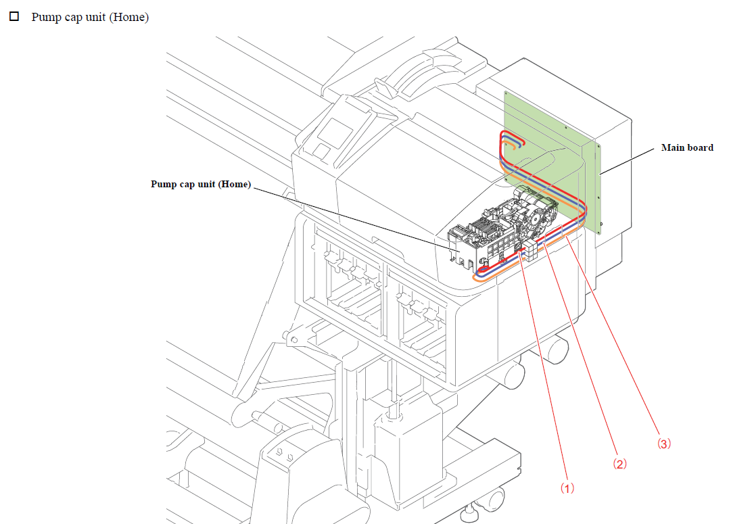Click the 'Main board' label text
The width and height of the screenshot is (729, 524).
click(x=687, y=147)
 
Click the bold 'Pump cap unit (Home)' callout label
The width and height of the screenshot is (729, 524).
click(x=200, y=184)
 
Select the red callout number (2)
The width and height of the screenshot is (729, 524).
click(x=620, y=465)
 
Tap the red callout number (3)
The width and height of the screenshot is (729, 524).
click(x=663, y=444)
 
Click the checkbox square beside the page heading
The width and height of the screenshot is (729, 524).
click(x=14, y=16)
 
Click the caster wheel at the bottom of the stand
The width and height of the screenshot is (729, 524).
click(x=494, y=499)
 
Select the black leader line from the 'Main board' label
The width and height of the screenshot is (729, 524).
click(x=629, y=159)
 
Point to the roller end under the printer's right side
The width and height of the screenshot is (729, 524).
click(x=559, y=349)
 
